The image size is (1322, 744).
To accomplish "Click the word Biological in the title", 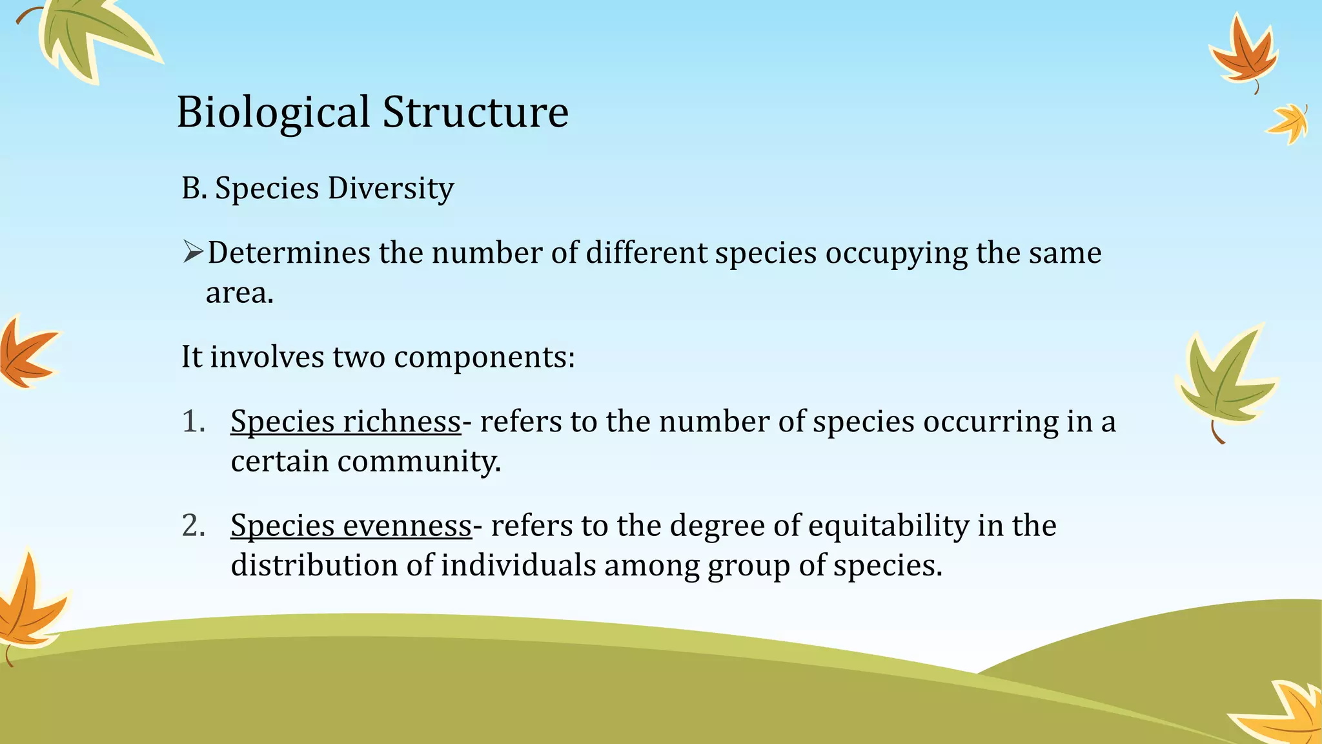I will [273, 113].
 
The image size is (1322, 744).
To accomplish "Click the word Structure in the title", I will [475, 112].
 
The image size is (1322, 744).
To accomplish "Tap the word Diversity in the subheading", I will [391, 189].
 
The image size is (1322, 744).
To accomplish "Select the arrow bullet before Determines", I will [192, 252].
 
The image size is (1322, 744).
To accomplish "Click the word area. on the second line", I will [239, 294].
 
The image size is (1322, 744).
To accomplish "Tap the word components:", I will [484, 357].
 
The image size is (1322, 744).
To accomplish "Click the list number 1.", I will [192, 422].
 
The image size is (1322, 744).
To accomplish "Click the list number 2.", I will [193, 526].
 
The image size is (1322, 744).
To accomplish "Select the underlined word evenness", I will [407, 526].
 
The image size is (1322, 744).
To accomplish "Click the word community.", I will [419, 462].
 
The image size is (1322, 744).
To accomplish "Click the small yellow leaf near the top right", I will [1289, 123].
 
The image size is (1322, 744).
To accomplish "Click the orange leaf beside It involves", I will [26, 354].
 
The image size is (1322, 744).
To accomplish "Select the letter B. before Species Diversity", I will [194, 189].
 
